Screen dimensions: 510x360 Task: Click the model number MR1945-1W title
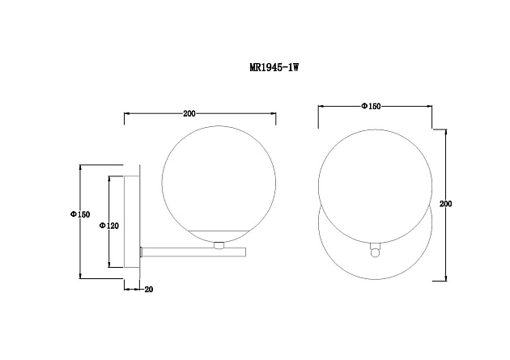[x=274, y=68]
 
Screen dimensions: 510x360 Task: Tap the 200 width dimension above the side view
[x=189, y=114]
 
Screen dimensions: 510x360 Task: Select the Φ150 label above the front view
[x=371, y=106]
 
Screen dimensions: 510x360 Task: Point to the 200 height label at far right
[x=445, y=204]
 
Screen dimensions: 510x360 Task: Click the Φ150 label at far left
[x=80, y=214]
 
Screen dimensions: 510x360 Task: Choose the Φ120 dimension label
[x=109, y=226]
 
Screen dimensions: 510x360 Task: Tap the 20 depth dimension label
[x=149, y=289]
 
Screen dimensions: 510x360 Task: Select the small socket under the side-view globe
[x=219, y=245]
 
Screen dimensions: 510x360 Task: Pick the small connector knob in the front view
[x=376, y=251]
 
